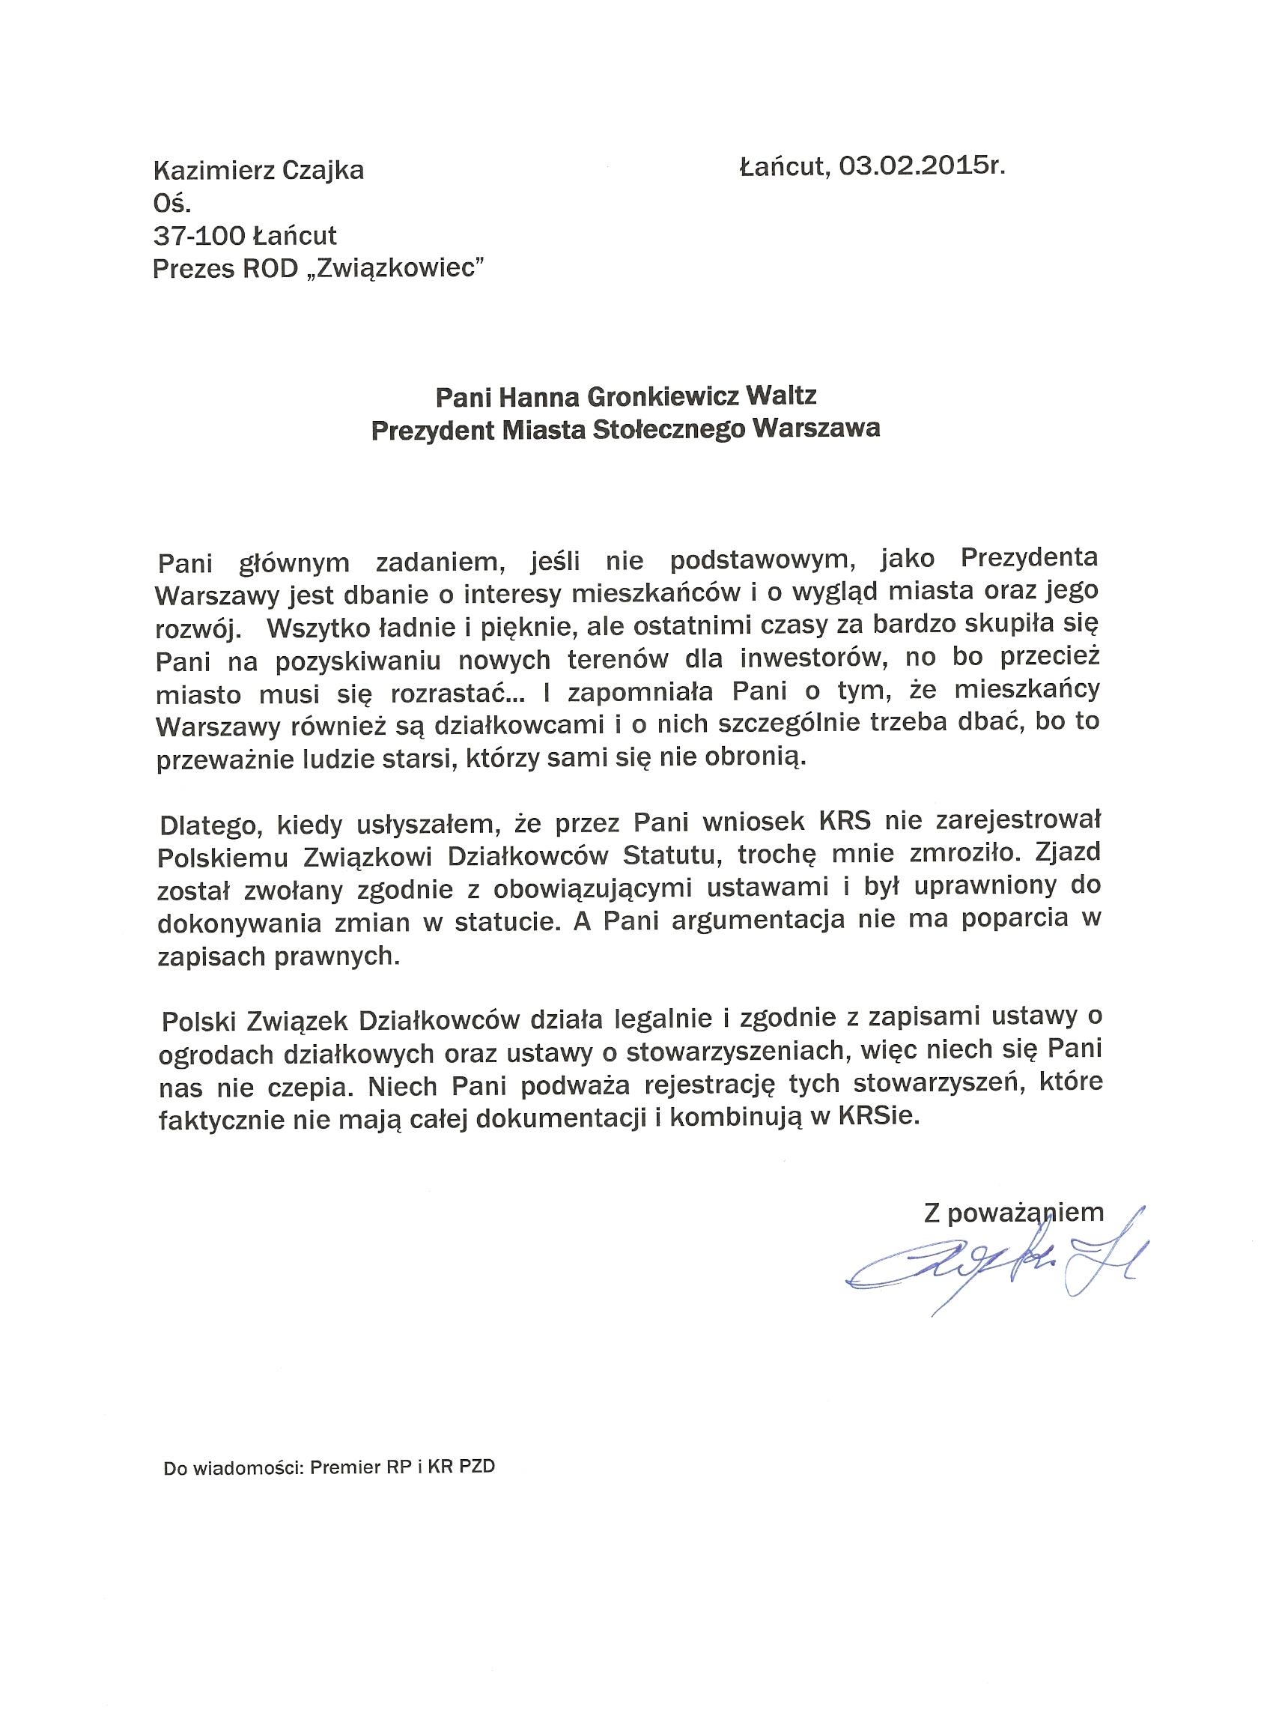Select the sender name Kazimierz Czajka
259,169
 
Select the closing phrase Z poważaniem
1014,1213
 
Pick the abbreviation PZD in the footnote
477,1467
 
